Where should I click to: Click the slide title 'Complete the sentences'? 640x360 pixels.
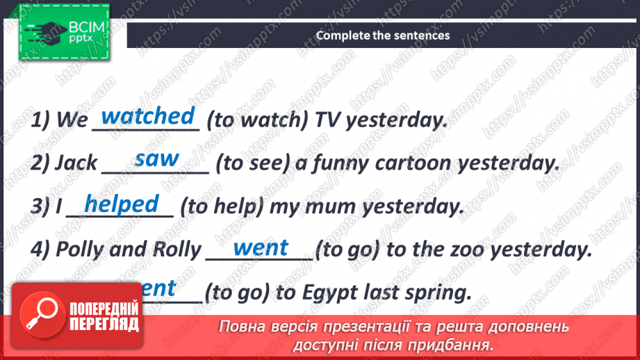tap(383, 35)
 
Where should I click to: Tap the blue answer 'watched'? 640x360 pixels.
tap(147, 116)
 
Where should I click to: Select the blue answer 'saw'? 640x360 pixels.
tap(156, 160)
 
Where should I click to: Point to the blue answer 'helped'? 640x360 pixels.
tap(122, 204)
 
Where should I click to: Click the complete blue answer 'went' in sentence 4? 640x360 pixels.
tap(261, 247)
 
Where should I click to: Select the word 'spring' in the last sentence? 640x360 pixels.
tap(432, 293)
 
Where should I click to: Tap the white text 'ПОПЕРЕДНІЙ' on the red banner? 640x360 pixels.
tap(104, 309)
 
